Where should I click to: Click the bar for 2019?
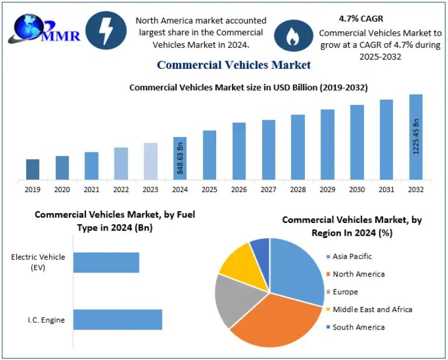(x=33, y=169)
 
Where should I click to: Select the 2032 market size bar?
(x=416, y=137)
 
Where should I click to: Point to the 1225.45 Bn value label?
(x=416, y=137)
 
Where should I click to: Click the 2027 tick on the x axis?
(x=268, y=189)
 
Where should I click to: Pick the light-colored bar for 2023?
(x=150, y=161)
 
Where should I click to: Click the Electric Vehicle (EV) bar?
(x=106, y=263)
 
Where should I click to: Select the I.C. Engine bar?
(x=117, y=320)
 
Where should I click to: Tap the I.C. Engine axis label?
(x=46, y=320)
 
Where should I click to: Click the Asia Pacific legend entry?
(x=352, y=256)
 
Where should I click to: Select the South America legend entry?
(x=358, y=327)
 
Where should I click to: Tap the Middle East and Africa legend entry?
(x=372, y=309)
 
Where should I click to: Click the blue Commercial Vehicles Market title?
(x=234, y=65)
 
